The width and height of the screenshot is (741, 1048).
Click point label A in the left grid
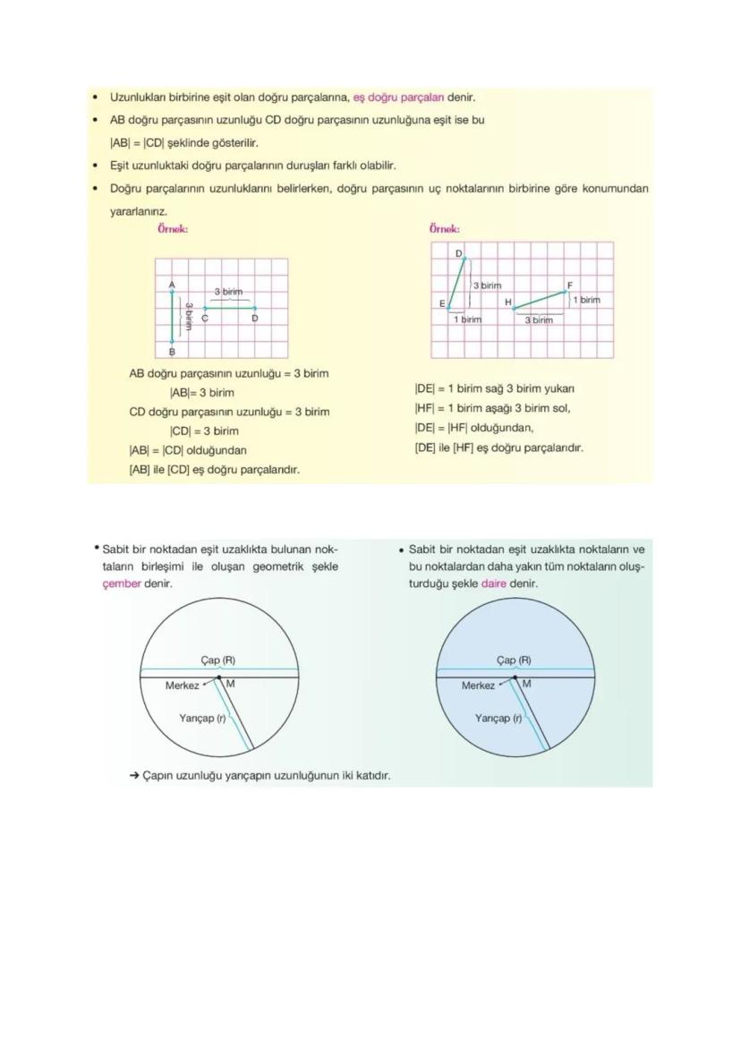click(172, 284)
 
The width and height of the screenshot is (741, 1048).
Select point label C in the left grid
click(205, 319)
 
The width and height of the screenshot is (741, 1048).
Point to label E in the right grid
click(442, 304)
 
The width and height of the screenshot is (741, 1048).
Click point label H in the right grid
click(507, 302)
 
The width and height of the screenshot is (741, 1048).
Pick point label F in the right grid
click(569, 285)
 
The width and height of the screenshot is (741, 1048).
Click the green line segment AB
click(172, 316)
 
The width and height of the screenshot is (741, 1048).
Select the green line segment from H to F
click(540, 300)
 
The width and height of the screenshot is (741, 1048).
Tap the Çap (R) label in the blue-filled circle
click(514, 660)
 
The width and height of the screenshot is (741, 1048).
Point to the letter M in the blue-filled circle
click(526, 684)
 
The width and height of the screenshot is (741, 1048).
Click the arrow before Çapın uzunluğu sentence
click(134, 775)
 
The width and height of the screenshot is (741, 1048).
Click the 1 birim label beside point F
click(586, 300)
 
